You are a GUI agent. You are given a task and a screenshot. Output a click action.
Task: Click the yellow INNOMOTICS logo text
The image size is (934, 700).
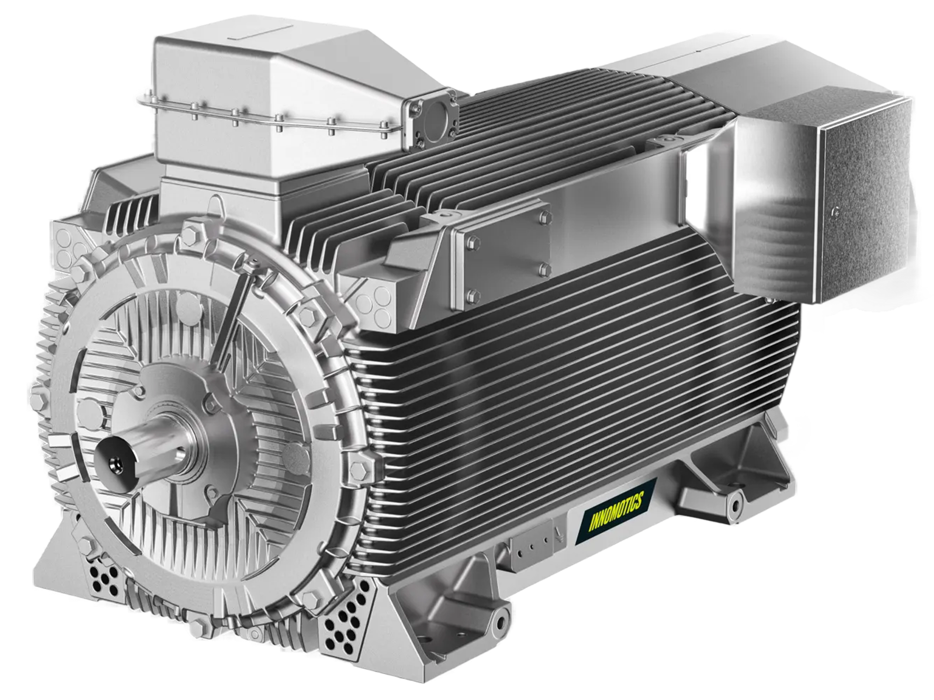tap(616, 511)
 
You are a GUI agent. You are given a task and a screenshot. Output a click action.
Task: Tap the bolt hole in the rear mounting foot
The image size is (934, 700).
tap(735, 505)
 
